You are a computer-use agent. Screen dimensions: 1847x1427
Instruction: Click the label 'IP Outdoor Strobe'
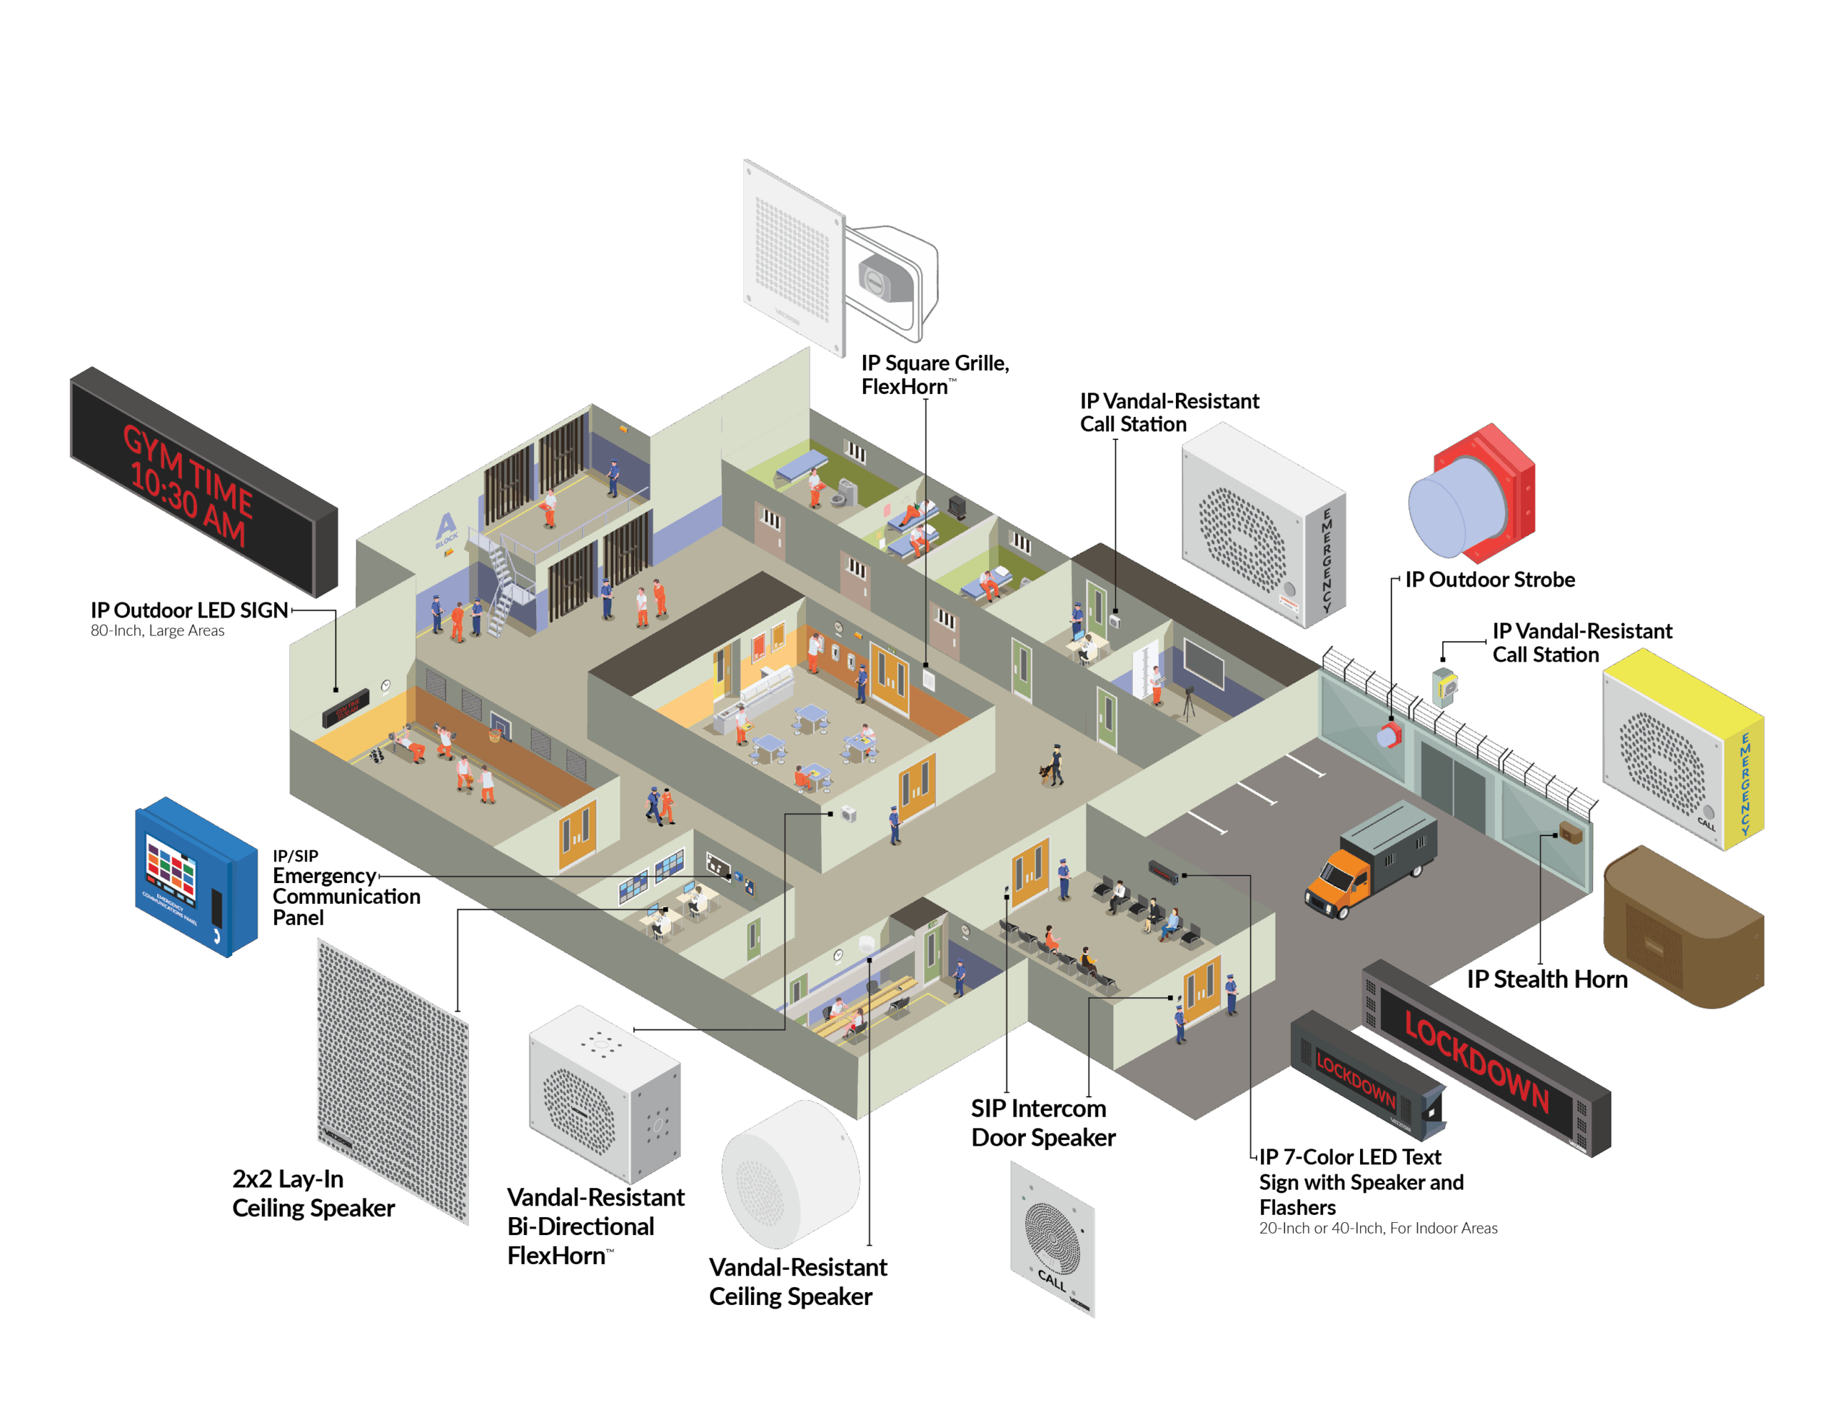click(1489, 580)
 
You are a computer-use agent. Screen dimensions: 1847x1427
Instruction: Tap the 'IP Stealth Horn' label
click(1546, 980)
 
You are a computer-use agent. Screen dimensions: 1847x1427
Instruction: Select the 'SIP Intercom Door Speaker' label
click(1042, 1123)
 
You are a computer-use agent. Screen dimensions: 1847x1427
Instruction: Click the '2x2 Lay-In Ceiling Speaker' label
click(313, 1193)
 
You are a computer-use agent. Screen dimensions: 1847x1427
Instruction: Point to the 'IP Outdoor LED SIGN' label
click(190, 611)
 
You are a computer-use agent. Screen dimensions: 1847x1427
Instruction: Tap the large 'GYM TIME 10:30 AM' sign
click(203, 482)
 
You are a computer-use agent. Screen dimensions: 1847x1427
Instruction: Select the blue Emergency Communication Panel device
click(196, 877)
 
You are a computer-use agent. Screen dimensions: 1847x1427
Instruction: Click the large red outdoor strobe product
click(1472, 495)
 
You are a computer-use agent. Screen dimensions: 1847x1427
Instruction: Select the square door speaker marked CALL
click(1052, 1239)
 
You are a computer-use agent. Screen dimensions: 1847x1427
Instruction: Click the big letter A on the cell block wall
click(446, 526)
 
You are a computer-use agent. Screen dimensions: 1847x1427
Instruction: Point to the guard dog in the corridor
click(1048, 770)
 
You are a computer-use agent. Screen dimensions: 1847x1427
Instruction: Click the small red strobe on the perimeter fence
click(1389, 734)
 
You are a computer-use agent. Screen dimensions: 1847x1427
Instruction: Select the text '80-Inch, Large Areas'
click(157, 631)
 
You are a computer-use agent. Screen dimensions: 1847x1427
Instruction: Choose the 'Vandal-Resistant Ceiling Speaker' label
click(797, 1281)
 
